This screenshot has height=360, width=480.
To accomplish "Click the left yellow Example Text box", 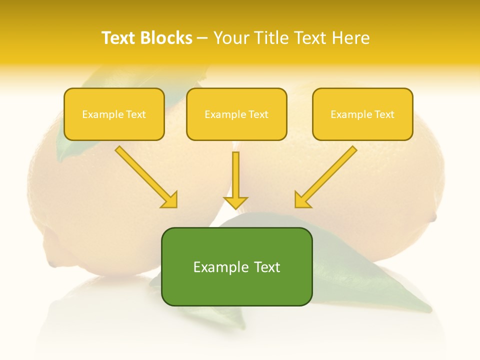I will click(x=114, y=114).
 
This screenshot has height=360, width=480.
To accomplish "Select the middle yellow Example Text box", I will click(x=236, y=114).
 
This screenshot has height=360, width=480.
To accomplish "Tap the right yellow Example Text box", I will click(x=362, y=114).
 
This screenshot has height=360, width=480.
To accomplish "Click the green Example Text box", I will click(x=236, y=266).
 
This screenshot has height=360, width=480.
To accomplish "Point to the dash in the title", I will click(x=202, y=38).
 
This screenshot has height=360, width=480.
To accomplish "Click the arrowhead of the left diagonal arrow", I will click(x=170, y=200).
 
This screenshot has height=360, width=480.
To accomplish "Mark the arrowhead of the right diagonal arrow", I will click(x=302, y=200).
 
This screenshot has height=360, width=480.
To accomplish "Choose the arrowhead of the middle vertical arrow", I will click(x=235, y=202).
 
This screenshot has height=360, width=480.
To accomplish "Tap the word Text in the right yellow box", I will click(x=384, y=114).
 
